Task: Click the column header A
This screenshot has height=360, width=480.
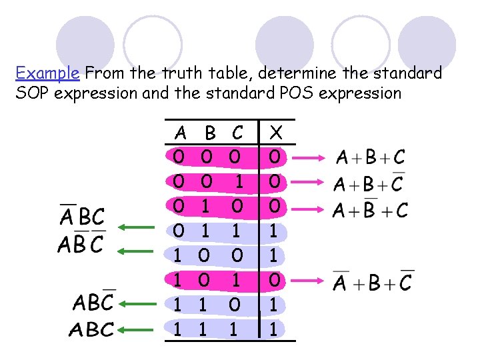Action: coord(179,133)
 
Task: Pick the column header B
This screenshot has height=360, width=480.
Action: coord(210,133)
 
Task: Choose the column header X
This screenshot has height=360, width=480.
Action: coord(274,133)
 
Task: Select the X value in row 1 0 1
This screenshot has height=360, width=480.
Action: coord(274,281)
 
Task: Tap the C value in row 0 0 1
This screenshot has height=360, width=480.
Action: coord(235,181)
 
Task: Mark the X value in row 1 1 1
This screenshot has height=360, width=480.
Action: coord(274,329)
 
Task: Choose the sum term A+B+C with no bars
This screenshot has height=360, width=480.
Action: coord(370,158)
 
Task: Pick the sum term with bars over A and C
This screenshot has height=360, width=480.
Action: coord(372,281)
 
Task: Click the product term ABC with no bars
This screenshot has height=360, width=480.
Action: coord(93,329)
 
